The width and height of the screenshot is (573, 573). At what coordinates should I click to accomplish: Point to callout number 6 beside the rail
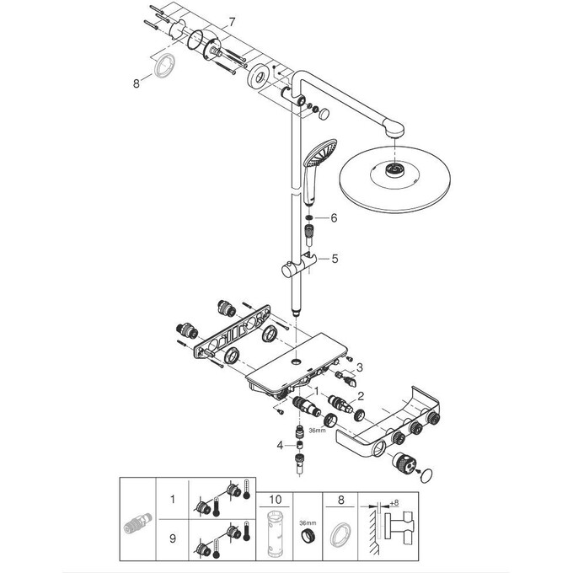coord(334,217)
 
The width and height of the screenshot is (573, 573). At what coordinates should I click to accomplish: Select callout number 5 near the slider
coord(335,260)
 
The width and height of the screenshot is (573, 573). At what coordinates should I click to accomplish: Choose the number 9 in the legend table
coord(173,537)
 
